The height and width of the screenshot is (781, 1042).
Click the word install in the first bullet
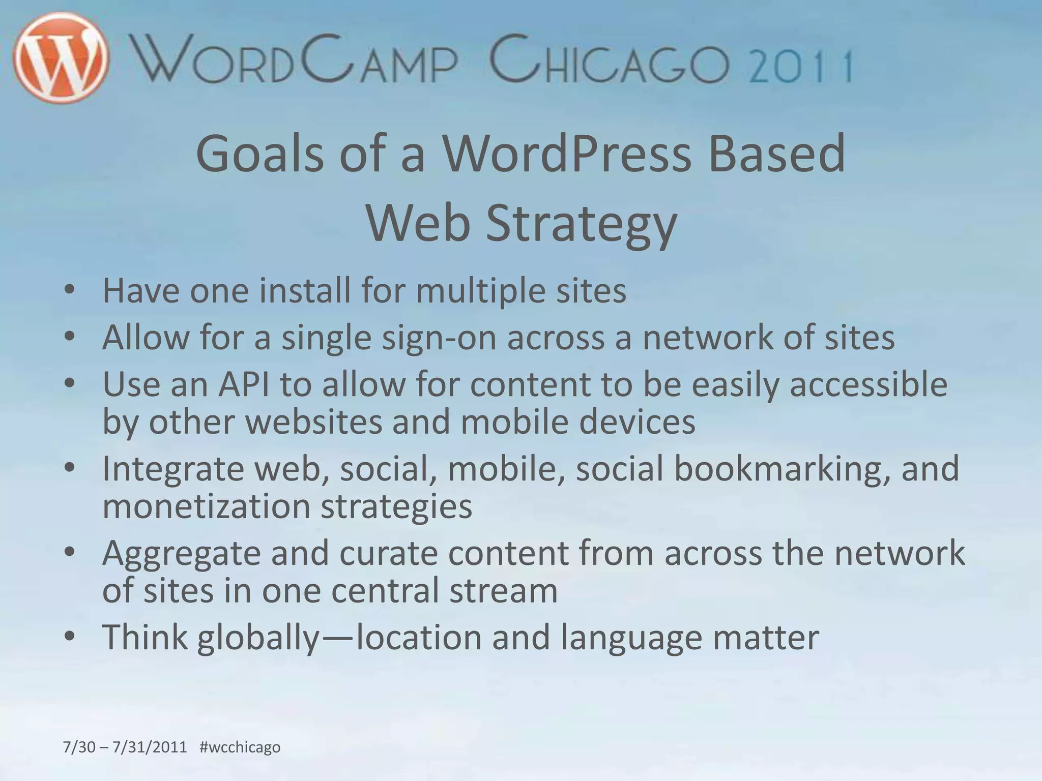(305, 291)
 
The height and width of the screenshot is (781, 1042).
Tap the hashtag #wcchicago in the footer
(240, 747)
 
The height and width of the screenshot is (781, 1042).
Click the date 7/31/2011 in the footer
(150, 747)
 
